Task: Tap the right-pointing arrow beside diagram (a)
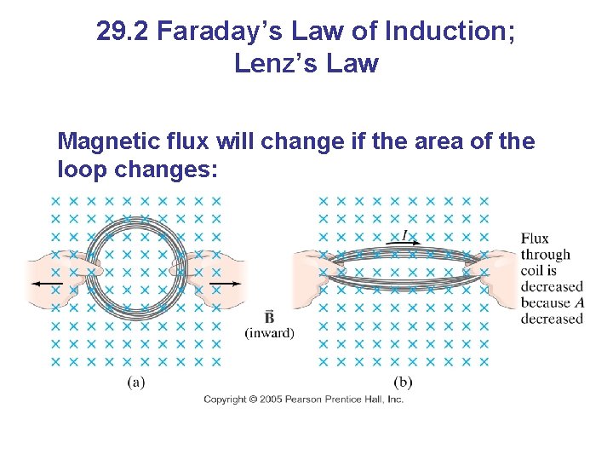(x=229, y=283)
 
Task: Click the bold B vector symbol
(x=269, y=317)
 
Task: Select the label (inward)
(x=269, y=333)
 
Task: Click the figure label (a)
(x=136, y=382)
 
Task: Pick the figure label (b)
(x=404, y=382)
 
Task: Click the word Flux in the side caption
(x=535, y=239)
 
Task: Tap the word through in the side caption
(x=546, y=255)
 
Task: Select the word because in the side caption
(x=546, y=302)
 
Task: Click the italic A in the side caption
(x=579, y=302)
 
